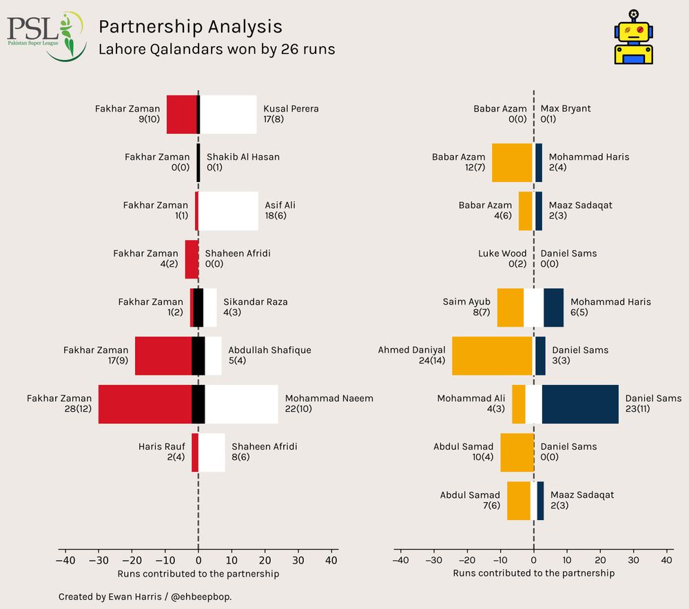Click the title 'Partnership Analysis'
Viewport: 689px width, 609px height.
tap(190, 26)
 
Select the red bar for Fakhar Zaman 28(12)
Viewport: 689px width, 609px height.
tap(145, 404)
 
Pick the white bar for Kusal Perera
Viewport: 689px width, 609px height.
tap(228, 114)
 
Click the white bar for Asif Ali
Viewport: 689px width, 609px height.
tap(228, 211)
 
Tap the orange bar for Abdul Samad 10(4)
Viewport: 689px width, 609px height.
tap(517, 452)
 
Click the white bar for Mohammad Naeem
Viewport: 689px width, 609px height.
tap(241, 404)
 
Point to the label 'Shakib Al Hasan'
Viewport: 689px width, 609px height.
tap(243, 157)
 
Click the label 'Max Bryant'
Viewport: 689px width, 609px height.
tap(566, 109)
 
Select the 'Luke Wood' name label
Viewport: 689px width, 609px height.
tap(502, 254)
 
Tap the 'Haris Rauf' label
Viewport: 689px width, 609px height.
tap(161, 447)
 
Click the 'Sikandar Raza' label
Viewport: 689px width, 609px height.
tap(256, 302)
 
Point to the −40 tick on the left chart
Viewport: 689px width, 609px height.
tap(65, 561)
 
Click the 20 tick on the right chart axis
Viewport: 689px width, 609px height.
tap(600, 561)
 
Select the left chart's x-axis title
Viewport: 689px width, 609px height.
tap(198, 573)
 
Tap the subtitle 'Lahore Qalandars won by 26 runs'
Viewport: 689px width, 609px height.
tap(216, 50)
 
